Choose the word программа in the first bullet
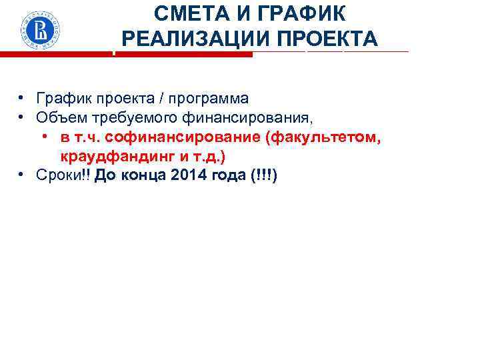click(x=210, y=99)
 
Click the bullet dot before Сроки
click(x=22, y=175)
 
